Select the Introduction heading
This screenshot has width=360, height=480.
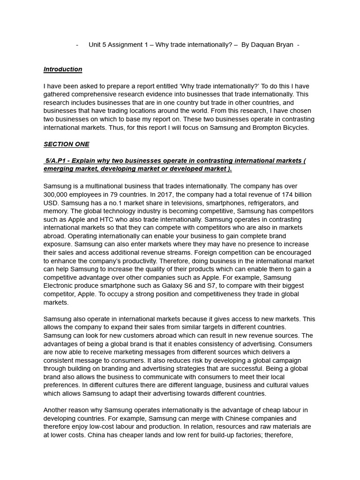63,69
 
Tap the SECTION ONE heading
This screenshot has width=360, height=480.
66,144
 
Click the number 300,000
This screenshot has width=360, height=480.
56,195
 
